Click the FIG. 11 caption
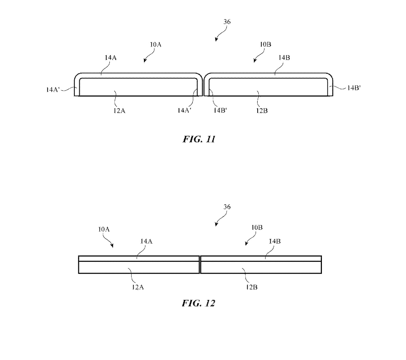pyautogui.click(x=199, y=139)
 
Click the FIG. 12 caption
pyautogui.click(x=198, y=303)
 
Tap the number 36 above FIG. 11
pyautogui.click(x=227, y=22)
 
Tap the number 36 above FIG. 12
pyautogui.click(x=227, y=207)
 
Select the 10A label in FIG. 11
pyautogui.click(x=155, y=45)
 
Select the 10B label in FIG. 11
pyautogui.click(x=265, y=45)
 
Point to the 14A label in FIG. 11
pyautogui.click(x=110, y=58)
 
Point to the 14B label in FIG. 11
pyautogui.click(x=284, y=58)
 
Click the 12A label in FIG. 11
pyautogui.click(x=119, y=111)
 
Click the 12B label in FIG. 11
pyautogui.click(x=262, y=111)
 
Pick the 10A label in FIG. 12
pyautogui.click(x=104, y=229)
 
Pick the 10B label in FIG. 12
pyautogui.click(x=257, y=228)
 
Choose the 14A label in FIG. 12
pyautogui.click(x=146, y=241)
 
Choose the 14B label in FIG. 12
pyautogui.click(x=275, y=241)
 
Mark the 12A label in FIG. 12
pyautogui.click(x=138, y=287)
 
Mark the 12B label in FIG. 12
pyautogui.click(x=252, y=287)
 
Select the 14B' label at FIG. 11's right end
pyautogui.click(x=354, y=88)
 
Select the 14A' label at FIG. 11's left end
pyautogui.click(x=53, y=90)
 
